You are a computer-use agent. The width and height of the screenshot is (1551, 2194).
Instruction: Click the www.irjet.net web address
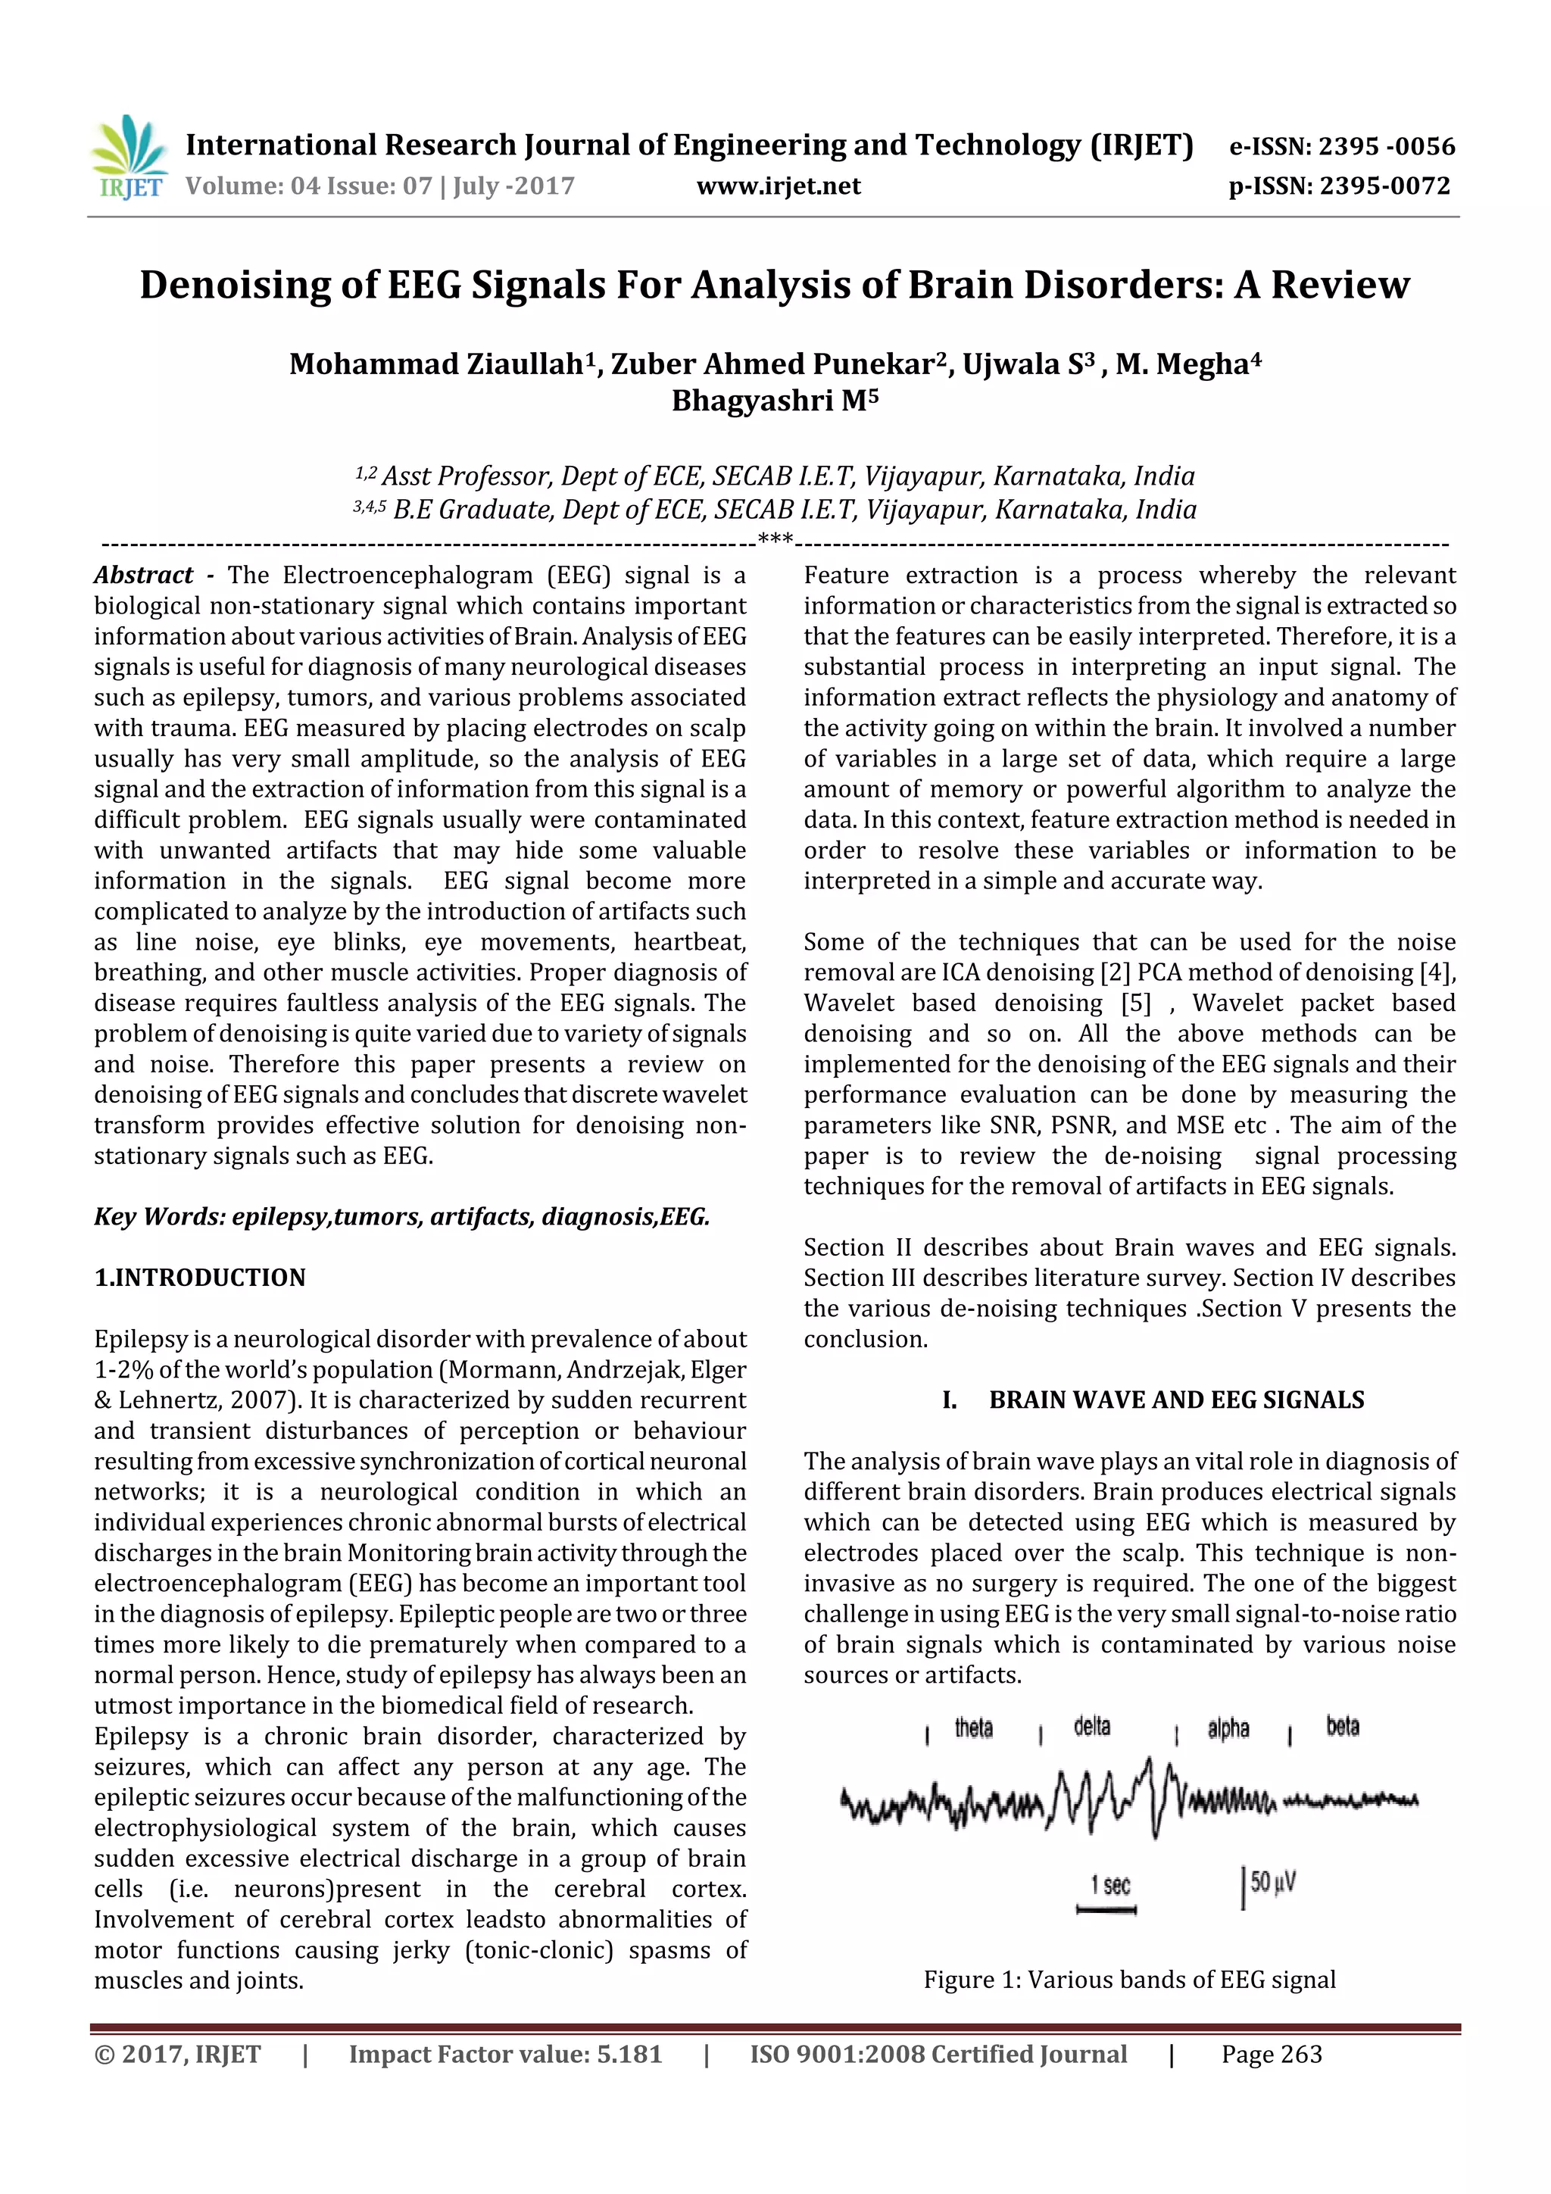pos(778,186)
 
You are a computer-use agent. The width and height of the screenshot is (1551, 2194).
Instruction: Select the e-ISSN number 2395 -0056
pos(1386,146)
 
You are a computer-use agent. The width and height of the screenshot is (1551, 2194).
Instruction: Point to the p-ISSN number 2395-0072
pos(1384,186)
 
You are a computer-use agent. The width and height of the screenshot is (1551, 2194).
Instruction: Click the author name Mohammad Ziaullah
pos(435,364)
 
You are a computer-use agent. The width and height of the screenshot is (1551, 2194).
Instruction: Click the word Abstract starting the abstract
pos(143,576)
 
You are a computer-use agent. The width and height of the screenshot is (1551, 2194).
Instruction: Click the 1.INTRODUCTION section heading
pos(200,1278)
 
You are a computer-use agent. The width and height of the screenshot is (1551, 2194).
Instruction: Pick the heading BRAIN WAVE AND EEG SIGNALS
pos(1175,1400)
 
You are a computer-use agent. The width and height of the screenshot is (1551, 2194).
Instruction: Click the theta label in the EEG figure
pos(973,1727)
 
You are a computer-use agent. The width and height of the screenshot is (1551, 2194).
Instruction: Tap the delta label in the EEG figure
pos(1091,1727)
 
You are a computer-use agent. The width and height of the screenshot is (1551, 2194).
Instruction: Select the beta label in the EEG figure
pos(1342,1727)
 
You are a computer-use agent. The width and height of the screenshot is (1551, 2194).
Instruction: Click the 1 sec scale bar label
pos(1110,1885)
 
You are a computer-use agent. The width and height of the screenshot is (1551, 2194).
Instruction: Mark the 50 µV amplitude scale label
pos(1272,1883)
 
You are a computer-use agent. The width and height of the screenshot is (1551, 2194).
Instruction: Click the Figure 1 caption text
pos(1128,1980)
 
